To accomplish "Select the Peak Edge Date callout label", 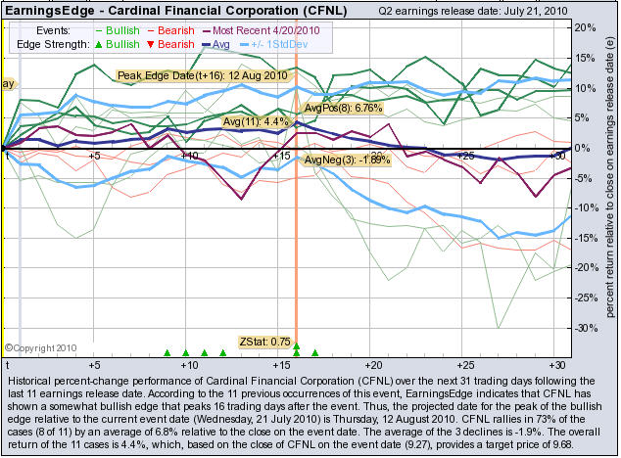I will click(202, 75).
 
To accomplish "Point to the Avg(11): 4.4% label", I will click(258, 122).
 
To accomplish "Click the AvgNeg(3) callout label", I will click(348, 160).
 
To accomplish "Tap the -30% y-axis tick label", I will click(586, 327).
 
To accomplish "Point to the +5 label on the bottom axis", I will click(95, 360).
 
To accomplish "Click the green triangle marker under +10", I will click(186, 352).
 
